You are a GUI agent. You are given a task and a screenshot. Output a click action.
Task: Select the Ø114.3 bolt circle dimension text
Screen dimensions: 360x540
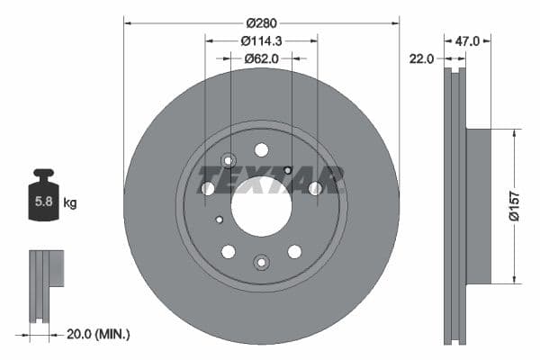tap(261, 40)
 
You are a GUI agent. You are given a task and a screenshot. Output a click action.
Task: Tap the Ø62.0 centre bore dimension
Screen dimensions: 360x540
tap(261, 58)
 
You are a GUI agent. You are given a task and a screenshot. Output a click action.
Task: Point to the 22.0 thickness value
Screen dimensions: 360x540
tap(421, 58)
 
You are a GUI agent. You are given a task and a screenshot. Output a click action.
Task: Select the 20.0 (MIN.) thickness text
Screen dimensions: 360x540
tap(98, 334)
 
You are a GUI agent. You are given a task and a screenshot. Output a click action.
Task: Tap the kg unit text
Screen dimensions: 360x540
tap(70, 203)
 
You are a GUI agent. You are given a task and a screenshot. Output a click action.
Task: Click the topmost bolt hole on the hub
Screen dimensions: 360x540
tap(261, 149)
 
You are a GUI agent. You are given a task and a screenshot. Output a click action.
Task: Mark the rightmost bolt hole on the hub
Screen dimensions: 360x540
tap(315, 188)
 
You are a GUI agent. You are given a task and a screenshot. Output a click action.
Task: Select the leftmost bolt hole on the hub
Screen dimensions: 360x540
tap(208, 188)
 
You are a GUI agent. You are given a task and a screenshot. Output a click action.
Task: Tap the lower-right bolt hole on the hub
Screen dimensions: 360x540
tap(294, 251)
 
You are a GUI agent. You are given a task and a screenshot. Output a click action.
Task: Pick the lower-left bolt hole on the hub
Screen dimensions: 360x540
tap(229, 251)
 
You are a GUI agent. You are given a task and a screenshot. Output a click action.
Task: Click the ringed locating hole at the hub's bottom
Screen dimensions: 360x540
tap(261, 262)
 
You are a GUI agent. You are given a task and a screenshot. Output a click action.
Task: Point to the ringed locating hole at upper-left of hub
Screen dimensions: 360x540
tap(228, 161)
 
